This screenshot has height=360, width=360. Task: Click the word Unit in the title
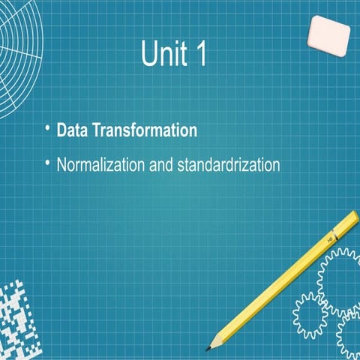[x=163, y=55]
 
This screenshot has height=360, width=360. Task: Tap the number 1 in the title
[x=197, y=55]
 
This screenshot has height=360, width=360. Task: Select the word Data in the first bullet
[x=73, y=130]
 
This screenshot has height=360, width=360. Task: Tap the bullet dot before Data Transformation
[x=46, y=128]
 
